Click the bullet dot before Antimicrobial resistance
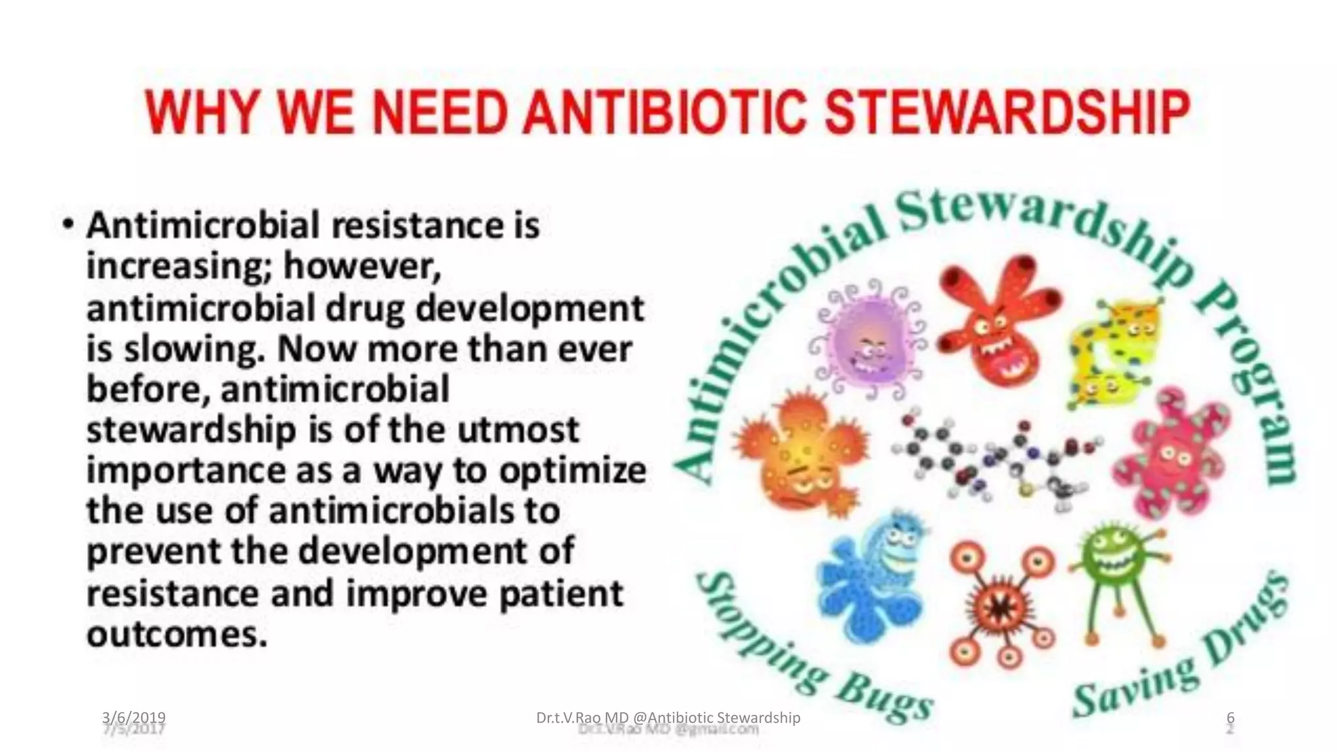click(x=68, y=224)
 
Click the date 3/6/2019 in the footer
click(x=134, y=717)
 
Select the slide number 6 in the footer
click(x=1231, y=717)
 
